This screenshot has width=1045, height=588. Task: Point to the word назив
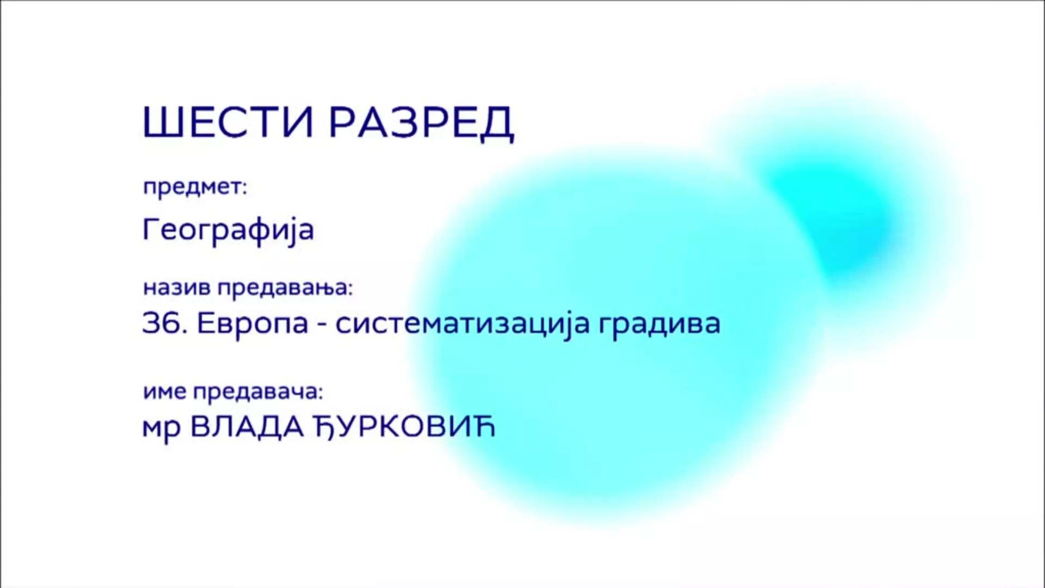[x=177, y=287]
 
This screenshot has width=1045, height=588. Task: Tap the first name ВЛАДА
[x=247, y=428]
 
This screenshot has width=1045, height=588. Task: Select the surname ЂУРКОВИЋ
[x=405, y=427]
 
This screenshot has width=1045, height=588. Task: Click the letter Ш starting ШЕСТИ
[x=159, y=122]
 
